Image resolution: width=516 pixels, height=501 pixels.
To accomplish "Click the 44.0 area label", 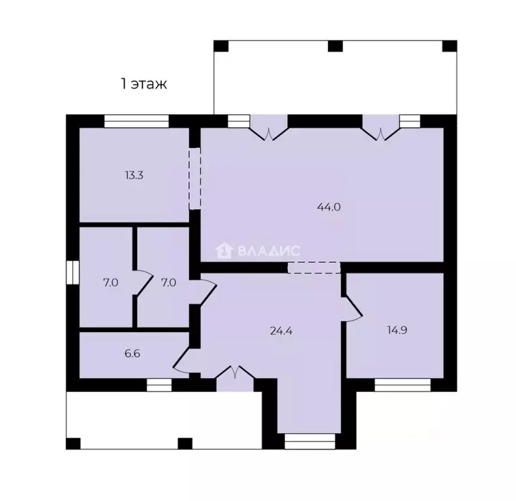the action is [329, 207].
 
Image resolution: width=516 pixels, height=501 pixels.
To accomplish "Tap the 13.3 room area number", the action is [134, 175].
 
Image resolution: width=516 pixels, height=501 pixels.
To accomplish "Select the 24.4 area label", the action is [281, 331].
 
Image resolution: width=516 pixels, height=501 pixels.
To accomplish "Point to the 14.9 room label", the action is [397, 330].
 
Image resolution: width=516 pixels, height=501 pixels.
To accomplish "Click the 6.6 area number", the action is [132, 353].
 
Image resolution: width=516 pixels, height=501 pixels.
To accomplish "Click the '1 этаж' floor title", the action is [144, 84].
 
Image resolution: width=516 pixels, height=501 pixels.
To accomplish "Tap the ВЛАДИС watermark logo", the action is [258, 251].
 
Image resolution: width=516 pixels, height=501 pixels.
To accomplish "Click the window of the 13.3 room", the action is [136, 121].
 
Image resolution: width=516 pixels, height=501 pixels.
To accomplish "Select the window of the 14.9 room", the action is [402, 385].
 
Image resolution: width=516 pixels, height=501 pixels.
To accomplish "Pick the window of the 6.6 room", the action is [159, 385].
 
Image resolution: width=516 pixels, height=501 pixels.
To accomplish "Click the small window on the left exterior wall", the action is [72, 272].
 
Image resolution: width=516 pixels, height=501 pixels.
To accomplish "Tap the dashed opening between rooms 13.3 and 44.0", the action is [195, 179].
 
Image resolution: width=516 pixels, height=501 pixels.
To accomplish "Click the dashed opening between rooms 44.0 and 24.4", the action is [314, 267].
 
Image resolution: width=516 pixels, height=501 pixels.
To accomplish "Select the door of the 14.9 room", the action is [353, 308].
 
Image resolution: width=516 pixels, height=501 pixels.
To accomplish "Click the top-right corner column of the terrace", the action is [449, 46].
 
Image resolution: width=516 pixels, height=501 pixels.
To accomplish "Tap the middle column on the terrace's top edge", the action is [335, 46].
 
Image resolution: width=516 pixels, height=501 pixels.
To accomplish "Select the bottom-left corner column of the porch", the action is [73, 444].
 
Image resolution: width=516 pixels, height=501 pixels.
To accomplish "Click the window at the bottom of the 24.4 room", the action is [310, 442].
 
